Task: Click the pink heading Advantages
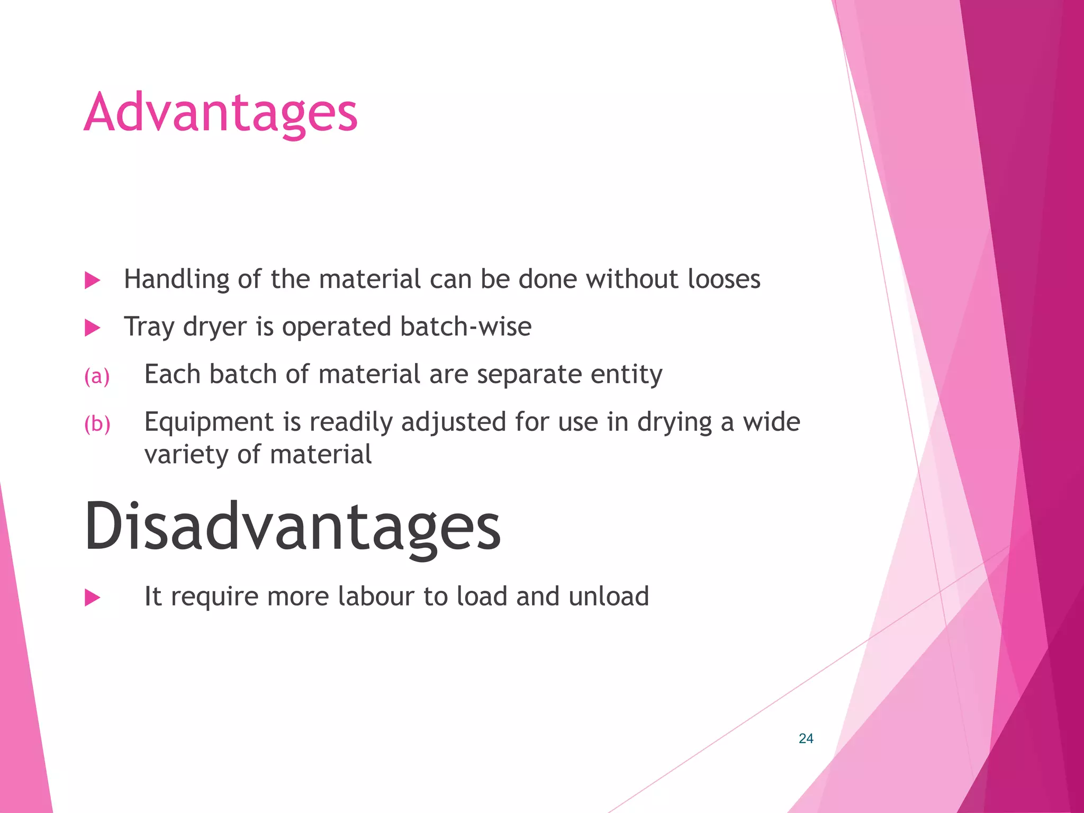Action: coord(221,112)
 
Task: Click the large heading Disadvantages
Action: coord(292,526)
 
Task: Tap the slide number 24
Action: coord(806,738)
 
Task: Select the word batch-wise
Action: coord(466,327)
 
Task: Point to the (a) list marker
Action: coord(97,376)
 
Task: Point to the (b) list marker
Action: coord(97,424)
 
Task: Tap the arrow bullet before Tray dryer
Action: coord(93,328)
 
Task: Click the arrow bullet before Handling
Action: coord(93,281)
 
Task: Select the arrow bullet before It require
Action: coord(93,598)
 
